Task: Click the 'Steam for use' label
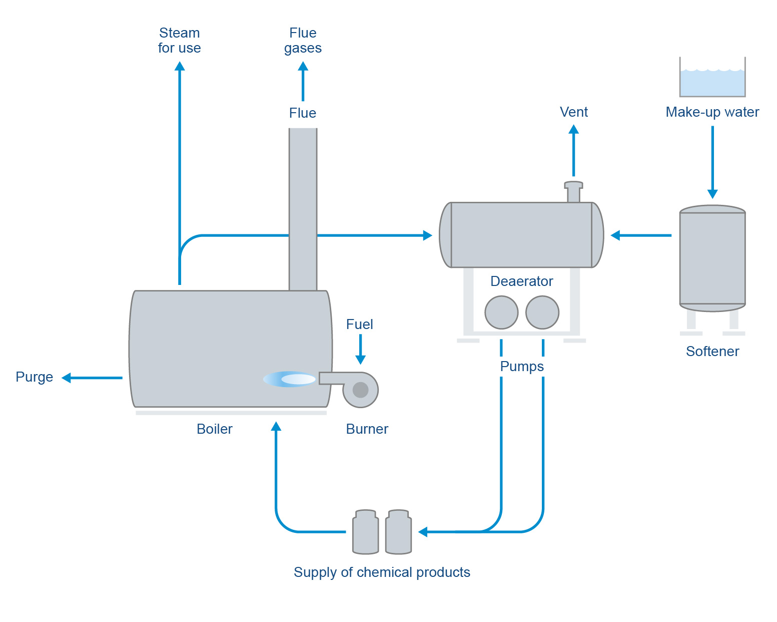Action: (179, 40)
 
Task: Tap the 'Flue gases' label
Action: (303, 40)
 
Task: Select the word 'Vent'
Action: (573, 112)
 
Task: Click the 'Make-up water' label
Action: (712, 112)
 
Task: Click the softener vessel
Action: (712, 258)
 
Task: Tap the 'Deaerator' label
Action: (521, 281)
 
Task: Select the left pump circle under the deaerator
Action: (501, 313)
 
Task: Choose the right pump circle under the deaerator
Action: (542, 313)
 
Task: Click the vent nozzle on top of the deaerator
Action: (573, 192)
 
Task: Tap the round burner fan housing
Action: (360, 390)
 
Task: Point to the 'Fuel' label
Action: (359, 324)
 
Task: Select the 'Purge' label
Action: (34, 377)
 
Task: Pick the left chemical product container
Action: (365, 532)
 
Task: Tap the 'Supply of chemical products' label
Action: (382, 572)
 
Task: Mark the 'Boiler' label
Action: (214, 429)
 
